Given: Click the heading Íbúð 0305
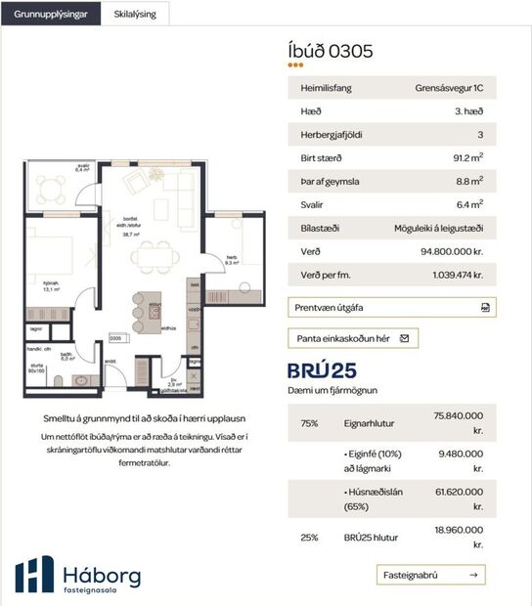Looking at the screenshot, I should (x=332, y=51).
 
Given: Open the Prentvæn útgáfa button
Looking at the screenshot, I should (x=391, y=307).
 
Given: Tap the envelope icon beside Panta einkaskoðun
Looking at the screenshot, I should (x=404, y=338).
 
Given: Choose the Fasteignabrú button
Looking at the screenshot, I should (x=430, y=574).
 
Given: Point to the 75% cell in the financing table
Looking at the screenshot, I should (x=310, y=423).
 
